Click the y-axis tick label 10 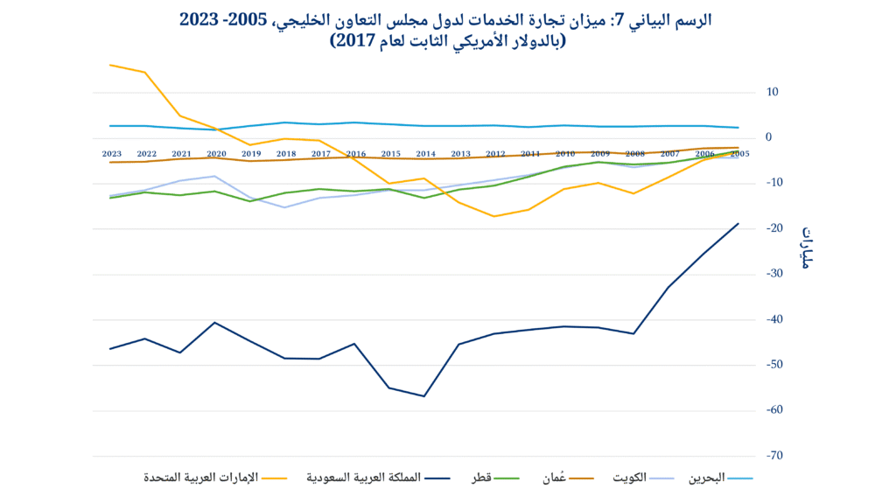[773, 92]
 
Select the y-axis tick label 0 [769, 137]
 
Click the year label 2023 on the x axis [111, 154]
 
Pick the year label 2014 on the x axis [425, 154]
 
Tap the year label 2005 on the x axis [739, 154]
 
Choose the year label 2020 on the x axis [216, 154]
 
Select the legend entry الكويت [626, 478]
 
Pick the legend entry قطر [482, 478]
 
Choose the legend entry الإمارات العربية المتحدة [205, 478]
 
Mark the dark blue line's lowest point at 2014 [425, 396]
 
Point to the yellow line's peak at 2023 [111, 65]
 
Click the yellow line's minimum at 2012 [495, 216]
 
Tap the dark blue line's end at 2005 [738, 223]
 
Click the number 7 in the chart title [619, 19]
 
